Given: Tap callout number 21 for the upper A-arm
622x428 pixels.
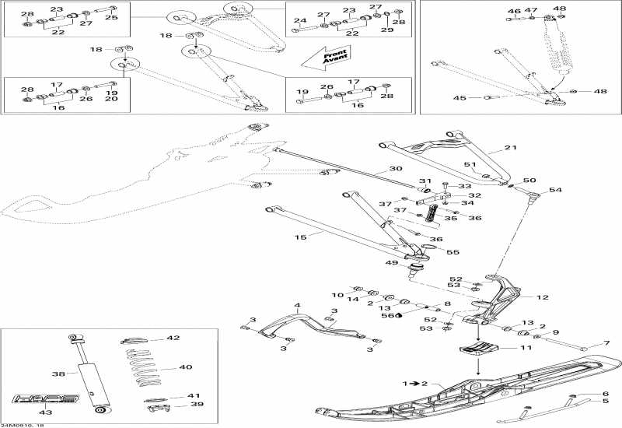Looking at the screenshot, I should [x=510, y=148].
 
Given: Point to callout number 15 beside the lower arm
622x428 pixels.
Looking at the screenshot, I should [x=301, y=235].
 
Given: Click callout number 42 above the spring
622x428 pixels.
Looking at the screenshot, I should [x=173, y=339].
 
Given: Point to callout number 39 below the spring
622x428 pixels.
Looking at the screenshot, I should [x=176, y=405].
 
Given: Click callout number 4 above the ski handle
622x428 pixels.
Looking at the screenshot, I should [x=297, y=305].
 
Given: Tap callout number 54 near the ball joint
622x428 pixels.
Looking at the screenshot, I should [x=555, y=190].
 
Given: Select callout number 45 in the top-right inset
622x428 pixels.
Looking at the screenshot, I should [x=460, y=98].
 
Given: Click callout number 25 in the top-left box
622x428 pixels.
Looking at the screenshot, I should [x=112, y=17].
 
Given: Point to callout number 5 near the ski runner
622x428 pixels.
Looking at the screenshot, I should [x=606, y=402].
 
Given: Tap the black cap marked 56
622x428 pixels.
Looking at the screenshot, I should [x=397, y=316].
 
